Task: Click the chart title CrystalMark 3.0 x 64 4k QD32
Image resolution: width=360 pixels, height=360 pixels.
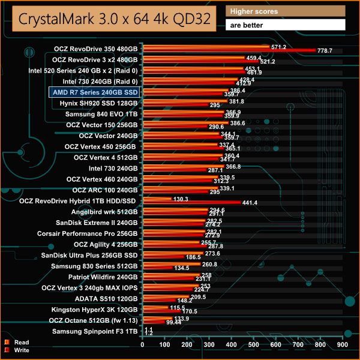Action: click(114, 18)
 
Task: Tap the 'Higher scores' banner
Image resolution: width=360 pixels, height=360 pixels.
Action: click(286, 11)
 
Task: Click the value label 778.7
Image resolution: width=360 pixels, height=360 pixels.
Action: click(332, 51)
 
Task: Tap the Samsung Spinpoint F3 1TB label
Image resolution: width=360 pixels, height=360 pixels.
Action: click(95, 331)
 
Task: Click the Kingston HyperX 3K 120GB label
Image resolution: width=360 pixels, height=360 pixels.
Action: click(95, 310)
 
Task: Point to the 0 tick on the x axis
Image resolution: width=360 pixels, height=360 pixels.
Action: click(142, 346)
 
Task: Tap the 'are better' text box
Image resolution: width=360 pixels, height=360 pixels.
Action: click(286, 25)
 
